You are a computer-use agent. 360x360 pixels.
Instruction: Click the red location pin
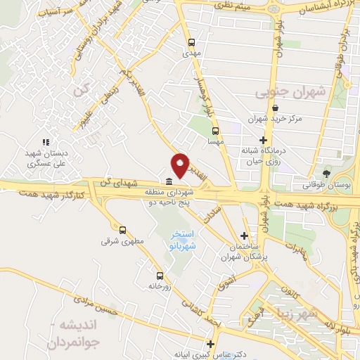(181, 165)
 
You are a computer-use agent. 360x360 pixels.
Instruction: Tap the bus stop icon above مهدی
(191, 41)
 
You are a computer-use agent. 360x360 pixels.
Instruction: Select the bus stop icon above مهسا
(215, 129)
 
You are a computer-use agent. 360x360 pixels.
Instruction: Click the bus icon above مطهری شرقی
(123, 230)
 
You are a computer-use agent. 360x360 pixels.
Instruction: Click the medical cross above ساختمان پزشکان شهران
(244, 236)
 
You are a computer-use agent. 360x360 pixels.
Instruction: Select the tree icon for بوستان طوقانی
(326, 174)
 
